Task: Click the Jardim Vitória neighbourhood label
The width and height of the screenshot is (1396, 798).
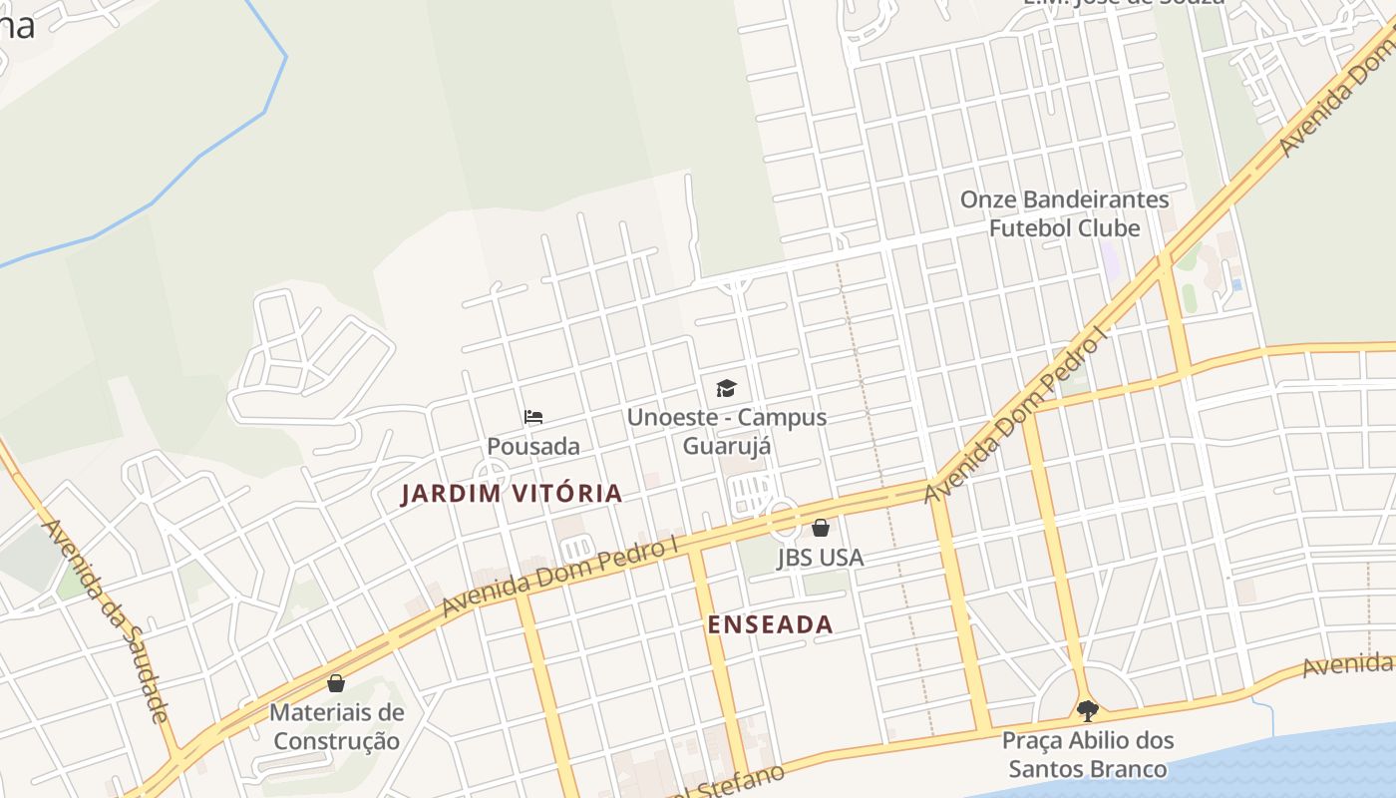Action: tap(512, 493)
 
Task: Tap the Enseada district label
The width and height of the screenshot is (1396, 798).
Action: tap(770, 624)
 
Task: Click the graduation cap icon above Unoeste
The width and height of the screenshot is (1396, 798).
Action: tap(726, 388)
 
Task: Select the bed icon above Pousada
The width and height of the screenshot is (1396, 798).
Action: tap(533, 417)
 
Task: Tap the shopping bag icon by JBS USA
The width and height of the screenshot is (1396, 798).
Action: tap(821, 528)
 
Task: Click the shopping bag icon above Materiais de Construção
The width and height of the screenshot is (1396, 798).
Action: tap(336, 683)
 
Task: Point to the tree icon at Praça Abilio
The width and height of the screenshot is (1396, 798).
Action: tap(1087, 710)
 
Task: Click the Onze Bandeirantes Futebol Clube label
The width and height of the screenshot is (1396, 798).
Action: tap(1064, 213)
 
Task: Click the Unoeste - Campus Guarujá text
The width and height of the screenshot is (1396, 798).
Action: tap(727, 430)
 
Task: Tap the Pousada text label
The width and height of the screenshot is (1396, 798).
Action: tap(533, 446)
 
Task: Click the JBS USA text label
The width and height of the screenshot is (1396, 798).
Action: tap(821, 558)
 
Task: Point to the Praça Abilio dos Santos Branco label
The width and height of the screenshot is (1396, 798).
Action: tap(1087, 755)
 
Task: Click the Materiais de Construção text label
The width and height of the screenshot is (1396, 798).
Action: tap(337, 727)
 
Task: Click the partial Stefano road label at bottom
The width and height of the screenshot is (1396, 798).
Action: tap(733, 783)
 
